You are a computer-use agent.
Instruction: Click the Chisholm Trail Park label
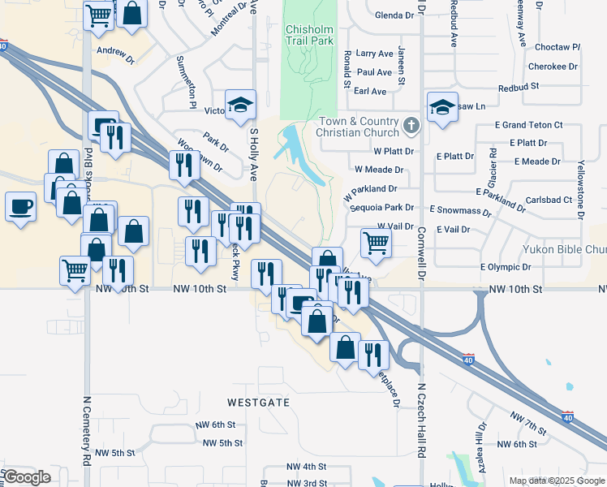(309, 35)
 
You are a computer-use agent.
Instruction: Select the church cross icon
(411, 127)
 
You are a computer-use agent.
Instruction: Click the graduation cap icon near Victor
(240, 104)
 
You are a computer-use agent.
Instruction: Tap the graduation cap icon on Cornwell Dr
(442, 107)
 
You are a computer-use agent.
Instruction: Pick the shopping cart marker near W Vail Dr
(376, 241)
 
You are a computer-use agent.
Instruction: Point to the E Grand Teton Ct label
(529, 125)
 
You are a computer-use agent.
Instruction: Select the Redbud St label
(519, 87)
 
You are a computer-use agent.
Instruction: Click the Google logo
(28, 477)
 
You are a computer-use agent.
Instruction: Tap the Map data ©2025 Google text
(556, 481)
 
